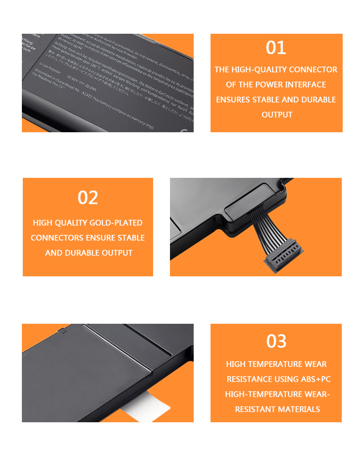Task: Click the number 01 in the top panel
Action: [x=276, y=48]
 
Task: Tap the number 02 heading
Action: [x=88, y=198]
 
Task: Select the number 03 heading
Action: [x=276, y=341]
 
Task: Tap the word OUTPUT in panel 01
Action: [x=277, y=115]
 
